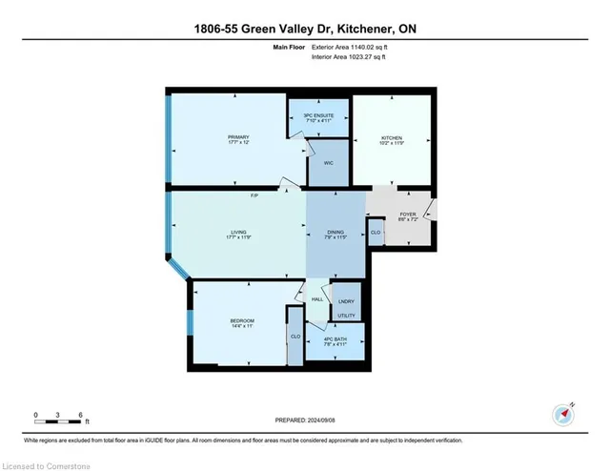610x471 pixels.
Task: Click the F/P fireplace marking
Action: pos(255,195)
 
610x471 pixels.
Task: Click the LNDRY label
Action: pos(345,302)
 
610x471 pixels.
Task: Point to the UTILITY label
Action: pos(346,315)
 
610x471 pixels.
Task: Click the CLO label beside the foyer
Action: pos(376,232)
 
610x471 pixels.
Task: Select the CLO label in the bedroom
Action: pos(295,336)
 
